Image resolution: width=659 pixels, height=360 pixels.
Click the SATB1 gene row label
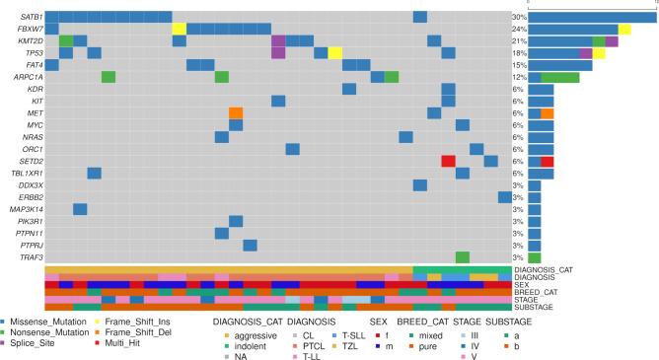click(x=30, y=18)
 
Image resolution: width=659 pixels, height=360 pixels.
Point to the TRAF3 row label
click(x=30, y=256)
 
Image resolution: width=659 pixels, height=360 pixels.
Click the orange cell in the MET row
click(x=236, y=112)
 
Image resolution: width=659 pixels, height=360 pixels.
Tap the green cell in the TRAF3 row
click(x=463, y=256)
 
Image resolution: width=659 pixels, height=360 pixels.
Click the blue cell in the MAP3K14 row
click(x=80, y=208)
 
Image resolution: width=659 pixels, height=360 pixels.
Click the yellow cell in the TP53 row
click(x=335, y=53)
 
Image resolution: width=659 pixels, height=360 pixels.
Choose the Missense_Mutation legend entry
click(x=49, y=322)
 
